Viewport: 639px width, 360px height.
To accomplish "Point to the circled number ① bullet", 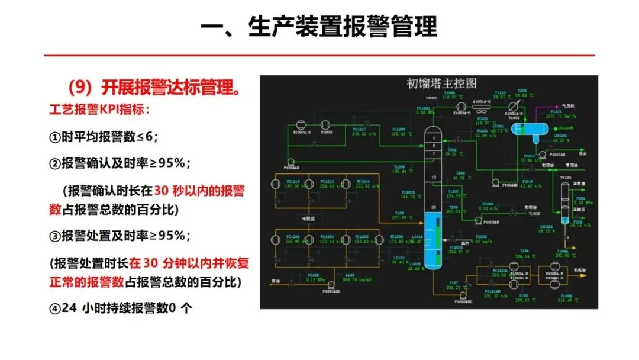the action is [x=54, y=137].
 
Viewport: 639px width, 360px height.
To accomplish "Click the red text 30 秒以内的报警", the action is [x=199, y=191].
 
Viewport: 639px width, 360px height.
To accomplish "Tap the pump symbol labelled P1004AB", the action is [x=291, y=161].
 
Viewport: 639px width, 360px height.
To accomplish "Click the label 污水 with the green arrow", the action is [x=582, y=153].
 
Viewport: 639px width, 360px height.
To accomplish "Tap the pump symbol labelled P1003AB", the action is [x=477, y=220].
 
